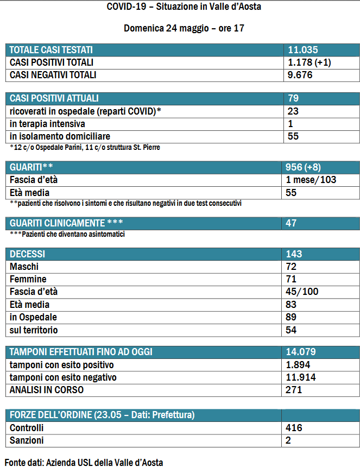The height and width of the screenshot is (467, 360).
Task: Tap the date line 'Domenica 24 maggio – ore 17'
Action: (x=180, y=28)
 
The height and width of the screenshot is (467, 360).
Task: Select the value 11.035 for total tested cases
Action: (x=302, y=50)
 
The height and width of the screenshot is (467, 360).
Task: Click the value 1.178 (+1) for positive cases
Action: (x=310, y=62)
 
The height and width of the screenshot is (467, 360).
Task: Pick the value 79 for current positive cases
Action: (x=294, y=98)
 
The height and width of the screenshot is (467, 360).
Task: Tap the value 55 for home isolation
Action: (x=294, y=136)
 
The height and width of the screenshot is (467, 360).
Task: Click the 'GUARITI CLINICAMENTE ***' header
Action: (x=66, y=223)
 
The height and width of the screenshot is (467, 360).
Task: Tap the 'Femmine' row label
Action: (x=26, y=279)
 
